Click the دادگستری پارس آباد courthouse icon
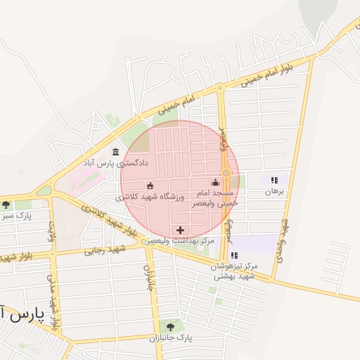115,152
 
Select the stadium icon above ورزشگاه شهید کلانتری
150,186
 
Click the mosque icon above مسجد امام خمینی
215,183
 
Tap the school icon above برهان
274,180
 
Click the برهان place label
274,191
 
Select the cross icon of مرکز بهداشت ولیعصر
181,230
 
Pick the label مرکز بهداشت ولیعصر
181,241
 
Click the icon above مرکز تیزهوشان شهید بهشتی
234,255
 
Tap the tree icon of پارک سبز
6,205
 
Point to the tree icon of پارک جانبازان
169,326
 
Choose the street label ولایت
51,231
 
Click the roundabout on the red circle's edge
226,172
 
